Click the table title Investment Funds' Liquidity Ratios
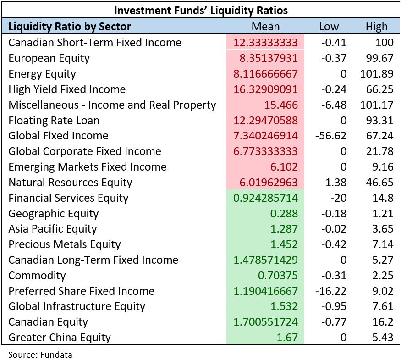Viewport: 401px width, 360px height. (x=201, y=10)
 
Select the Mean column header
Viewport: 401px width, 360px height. (x=265, y=27)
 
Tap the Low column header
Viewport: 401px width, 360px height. (x=329, y=27)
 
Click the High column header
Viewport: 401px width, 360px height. (x=376, y=27)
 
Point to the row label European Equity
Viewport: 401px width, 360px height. (x=49, y=58)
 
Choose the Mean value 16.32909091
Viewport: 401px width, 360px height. (x=265, y=89)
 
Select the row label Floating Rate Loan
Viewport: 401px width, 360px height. (x=54, y=121)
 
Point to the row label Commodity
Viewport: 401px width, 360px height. (x=37, y=276)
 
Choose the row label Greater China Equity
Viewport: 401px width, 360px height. (x=60, y=338)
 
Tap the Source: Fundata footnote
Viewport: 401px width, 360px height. (x=40, y=354)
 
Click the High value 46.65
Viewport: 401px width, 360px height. (x=379, y=183)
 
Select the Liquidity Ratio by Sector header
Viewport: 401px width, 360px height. (x=70, y=27)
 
